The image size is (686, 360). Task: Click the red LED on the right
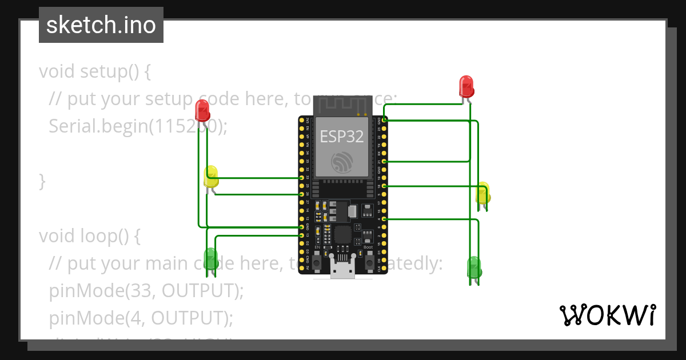click(466, 86)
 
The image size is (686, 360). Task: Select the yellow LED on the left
click(211, 176)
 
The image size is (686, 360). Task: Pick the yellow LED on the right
click(483, 193)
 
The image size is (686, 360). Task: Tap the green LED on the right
click(474, 267)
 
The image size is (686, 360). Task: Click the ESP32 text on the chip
click(342, 136)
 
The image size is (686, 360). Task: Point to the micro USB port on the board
click(342, 269)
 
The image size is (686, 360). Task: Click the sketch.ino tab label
click(101, 25)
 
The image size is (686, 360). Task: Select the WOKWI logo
click(608, 315)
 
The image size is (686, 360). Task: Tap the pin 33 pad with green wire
click(301, 178)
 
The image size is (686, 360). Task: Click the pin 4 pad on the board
click(384, 219)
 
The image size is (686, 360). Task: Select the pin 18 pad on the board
click(384, 186)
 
